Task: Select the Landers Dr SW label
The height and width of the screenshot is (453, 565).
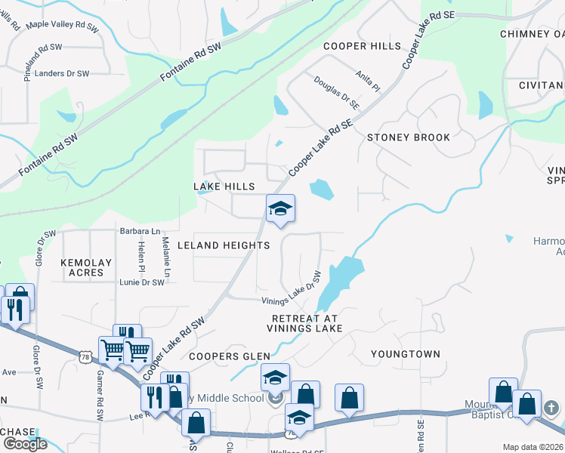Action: point(63,73)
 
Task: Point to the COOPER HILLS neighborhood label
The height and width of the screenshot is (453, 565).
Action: point(363,46)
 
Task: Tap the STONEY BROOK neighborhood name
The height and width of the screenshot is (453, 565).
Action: point(409,137)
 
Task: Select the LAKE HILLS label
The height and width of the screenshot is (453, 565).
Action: point(224,186)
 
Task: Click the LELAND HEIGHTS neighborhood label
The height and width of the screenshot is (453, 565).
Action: point(223,245)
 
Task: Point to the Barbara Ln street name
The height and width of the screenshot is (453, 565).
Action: point(140,230)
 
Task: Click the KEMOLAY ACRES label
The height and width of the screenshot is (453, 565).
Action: point(86,268)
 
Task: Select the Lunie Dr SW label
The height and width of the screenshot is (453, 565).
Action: point(142,282)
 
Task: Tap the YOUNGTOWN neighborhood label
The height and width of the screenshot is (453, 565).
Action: point(406,353)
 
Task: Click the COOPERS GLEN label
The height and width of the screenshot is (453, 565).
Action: point(218,356)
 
